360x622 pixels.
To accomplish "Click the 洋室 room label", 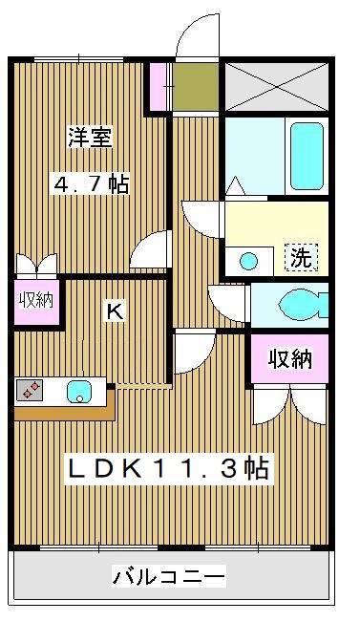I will [90, 139].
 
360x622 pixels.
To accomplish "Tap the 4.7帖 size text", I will [92, 184].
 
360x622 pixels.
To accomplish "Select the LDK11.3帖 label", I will [166, 468].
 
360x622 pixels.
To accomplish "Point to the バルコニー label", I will [169, 577].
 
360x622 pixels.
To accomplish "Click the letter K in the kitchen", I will [114, 311].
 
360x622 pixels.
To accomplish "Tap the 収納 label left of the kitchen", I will [35, 300].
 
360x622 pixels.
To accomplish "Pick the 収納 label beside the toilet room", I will [289, 358].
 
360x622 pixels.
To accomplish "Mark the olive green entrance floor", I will [196, 87].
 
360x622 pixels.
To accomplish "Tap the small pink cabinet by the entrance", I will [159, 86].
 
